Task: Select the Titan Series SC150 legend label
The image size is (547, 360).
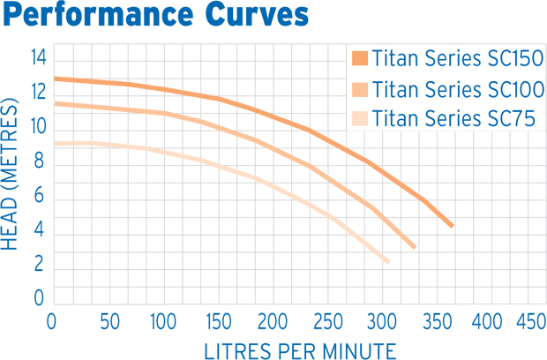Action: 457,59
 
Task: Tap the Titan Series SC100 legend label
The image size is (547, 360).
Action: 457,89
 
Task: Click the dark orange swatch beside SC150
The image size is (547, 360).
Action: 359,59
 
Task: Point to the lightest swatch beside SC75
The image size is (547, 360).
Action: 359,118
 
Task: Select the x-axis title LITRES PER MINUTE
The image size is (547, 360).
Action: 300,349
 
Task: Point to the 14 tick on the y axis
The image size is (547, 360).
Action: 38,58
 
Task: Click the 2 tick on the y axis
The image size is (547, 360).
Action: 39,264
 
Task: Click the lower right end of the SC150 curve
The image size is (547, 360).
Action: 452,226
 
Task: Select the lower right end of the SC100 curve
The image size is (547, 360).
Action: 414,247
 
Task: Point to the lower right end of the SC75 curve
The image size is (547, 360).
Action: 387,261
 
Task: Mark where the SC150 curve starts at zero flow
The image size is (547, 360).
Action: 55,79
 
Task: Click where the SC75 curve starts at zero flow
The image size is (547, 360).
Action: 55,143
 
